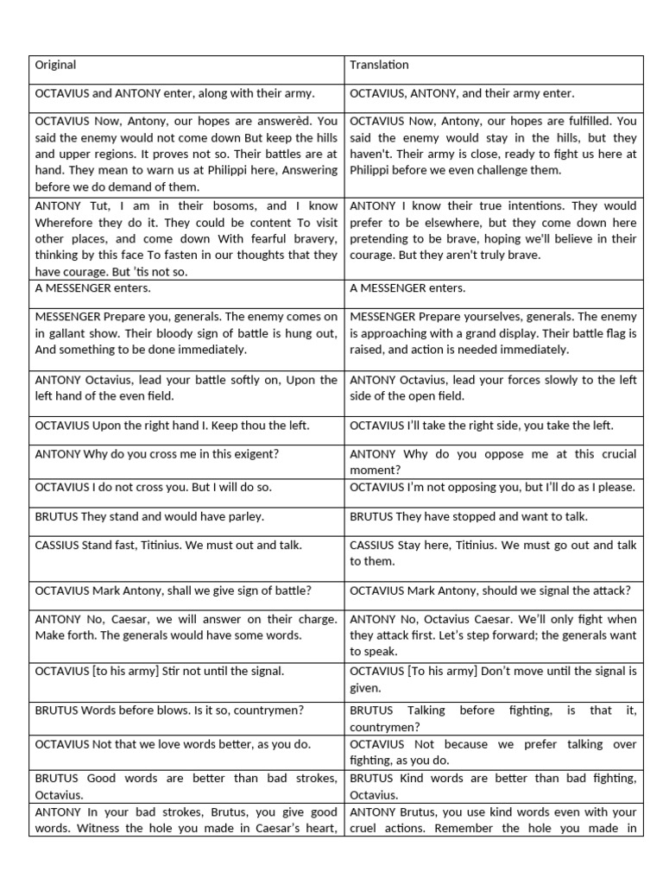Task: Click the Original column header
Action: [x=55, y=65]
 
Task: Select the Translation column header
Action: [x=379, y=65]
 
